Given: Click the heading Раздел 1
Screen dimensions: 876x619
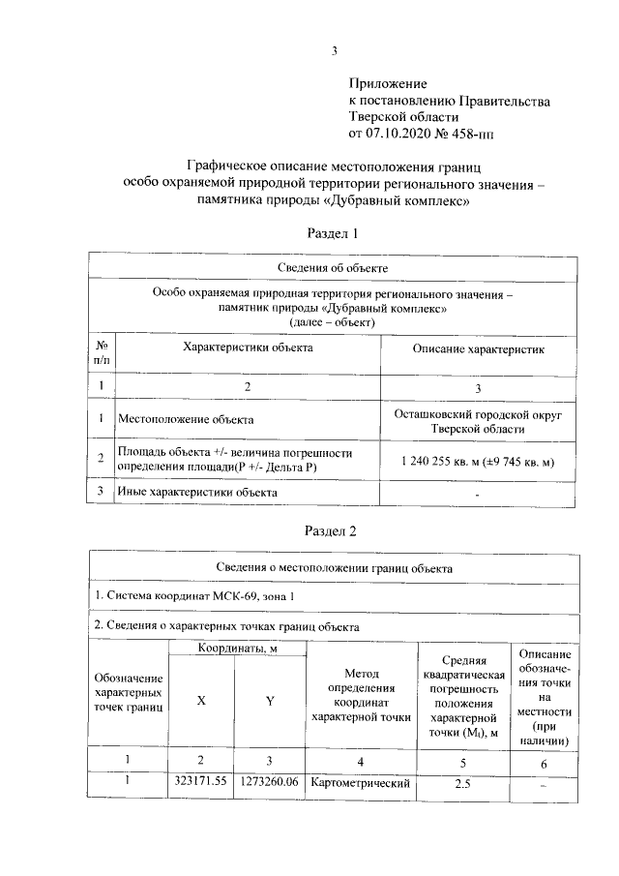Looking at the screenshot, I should (333, 233).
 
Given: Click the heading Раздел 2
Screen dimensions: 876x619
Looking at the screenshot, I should (333, 529).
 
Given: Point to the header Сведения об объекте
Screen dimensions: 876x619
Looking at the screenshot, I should (333, 266).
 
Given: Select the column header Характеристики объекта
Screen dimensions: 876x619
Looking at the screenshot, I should (248, 346).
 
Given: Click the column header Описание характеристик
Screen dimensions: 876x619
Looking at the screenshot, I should (479, 347).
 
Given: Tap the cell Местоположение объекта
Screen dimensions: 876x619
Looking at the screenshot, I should (186, 420).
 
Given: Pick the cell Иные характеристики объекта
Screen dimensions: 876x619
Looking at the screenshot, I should (197, 493).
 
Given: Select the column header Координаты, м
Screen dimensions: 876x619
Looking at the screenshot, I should (238, 648).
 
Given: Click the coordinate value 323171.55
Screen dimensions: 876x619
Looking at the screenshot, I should (201, 781).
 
